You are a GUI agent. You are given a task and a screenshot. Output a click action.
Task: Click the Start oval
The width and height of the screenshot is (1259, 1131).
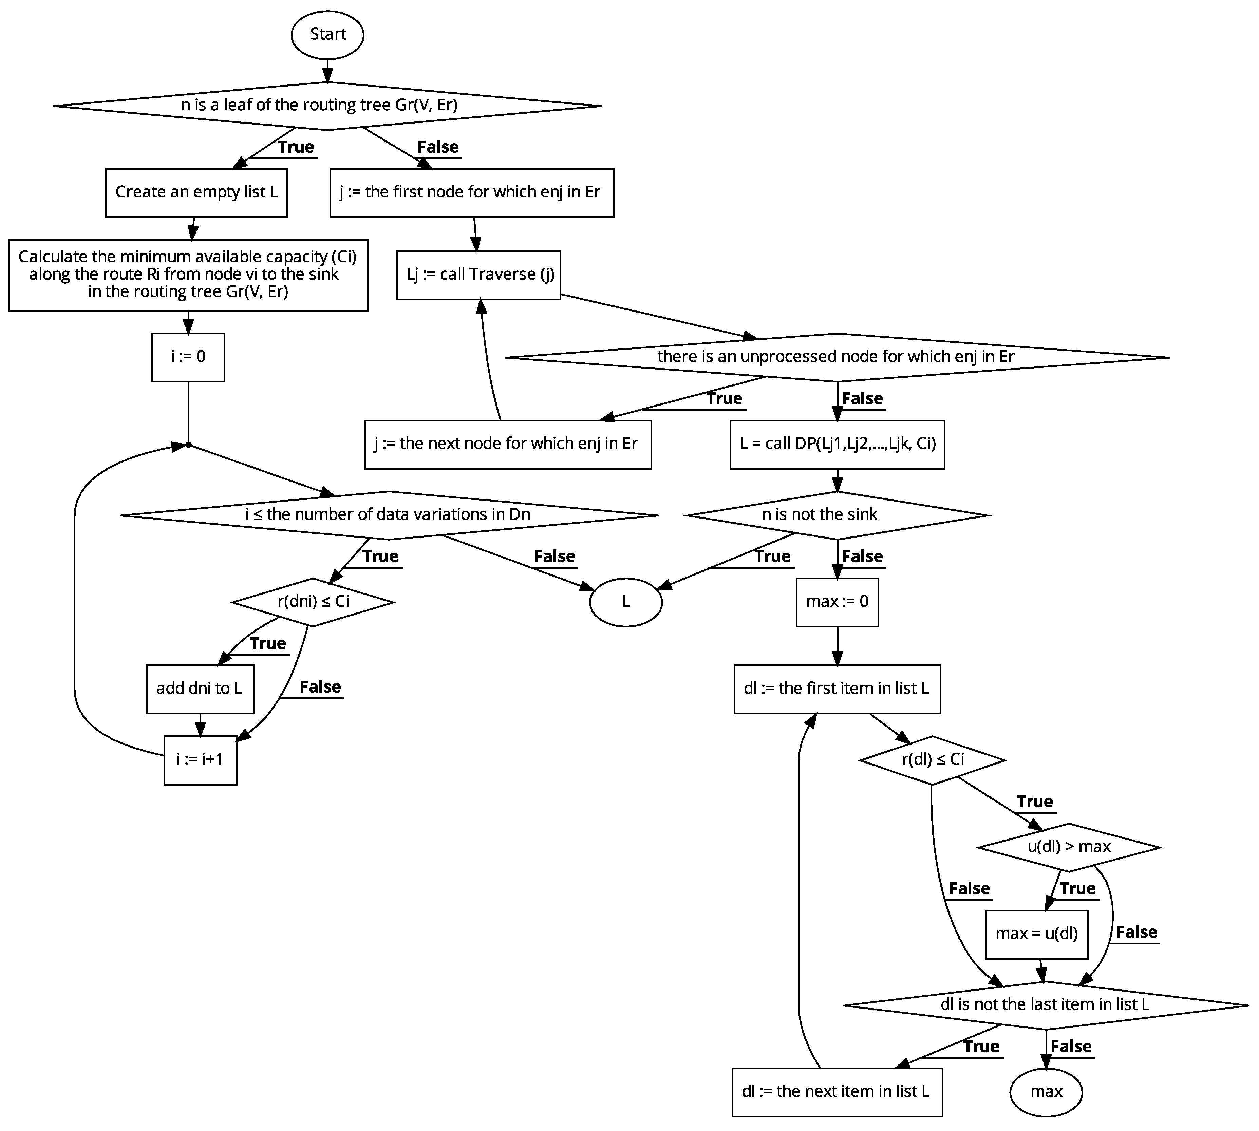pos(327,34)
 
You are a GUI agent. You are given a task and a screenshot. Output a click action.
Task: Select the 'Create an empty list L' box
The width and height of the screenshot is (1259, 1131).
pos(196,192)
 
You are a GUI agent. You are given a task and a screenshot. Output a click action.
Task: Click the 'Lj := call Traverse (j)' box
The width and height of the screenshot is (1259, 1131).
pos(478,275)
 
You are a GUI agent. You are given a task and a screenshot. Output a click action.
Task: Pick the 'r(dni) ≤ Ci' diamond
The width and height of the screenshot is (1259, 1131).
pos(313,602)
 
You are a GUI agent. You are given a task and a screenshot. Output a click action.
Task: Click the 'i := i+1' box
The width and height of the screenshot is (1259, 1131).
pos(200,759)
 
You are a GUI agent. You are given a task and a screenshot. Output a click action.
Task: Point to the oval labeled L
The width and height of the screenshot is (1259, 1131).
pos(626,602)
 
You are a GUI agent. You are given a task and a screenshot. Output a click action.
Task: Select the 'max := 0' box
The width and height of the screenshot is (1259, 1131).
pos(837,602)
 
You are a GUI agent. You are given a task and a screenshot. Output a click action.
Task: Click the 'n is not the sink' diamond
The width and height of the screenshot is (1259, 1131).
pos(837,514)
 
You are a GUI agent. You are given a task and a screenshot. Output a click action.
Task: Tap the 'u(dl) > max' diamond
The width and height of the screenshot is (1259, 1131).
pos(1069,846)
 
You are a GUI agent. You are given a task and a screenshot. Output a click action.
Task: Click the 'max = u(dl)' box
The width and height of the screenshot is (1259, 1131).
pos(1036,934)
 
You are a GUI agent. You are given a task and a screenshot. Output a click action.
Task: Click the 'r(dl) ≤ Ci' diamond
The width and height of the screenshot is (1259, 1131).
pos(932,759)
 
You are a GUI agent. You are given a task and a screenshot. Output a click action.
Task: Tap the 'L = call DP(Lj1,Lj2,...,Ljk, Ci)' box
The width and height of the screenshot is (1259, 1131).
pos(837,444)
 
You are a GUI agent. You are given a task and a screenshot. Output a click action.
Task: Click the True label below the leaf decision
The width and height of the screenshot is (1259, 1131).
pos(296,147)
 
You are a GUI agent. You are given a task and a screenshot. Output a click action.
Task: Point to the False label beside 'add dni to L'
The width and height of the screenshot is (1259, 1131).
pos(320,687)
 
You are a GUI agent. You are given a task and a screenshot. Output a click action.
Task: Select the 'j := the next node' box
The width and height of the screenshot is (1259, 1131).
pos(508,444)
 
